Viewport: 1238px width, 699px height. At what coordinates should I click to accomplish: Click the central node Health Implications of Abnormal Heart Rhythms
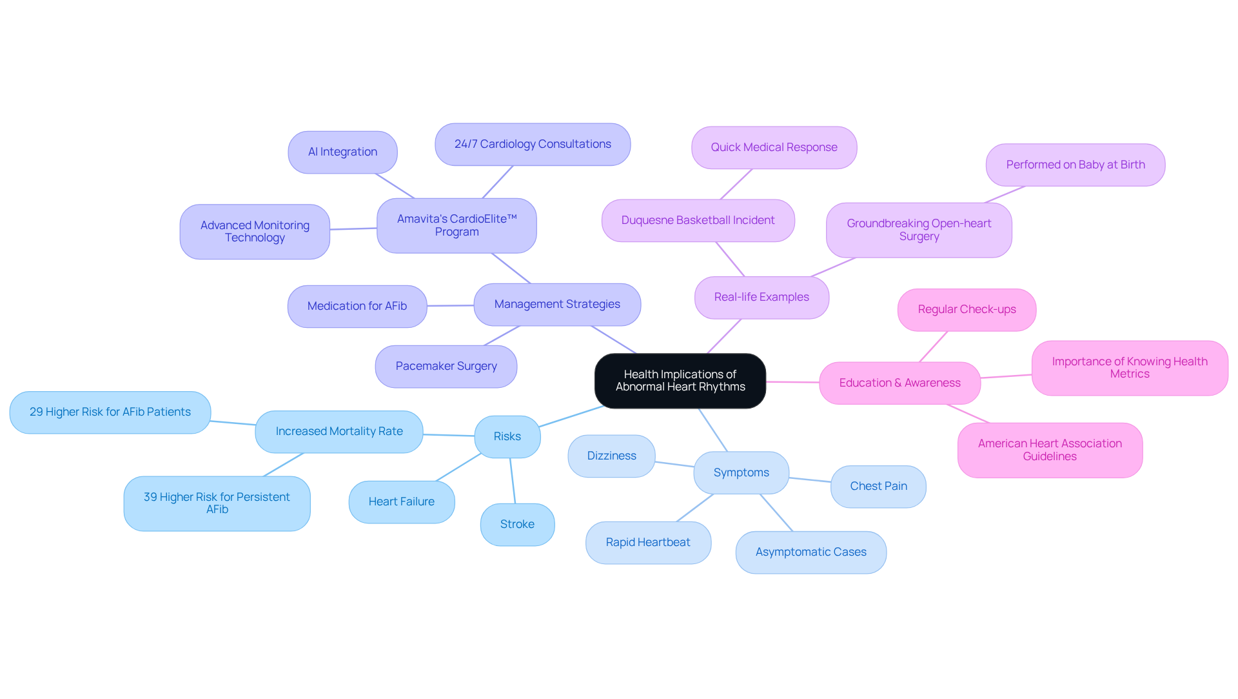(x=680, y=381)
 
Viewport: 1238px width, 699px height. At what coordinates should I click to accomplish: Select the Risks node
(x=507, y=437)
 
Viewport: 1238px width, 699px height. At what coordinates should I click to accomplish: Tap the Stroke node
(x=517, y=525)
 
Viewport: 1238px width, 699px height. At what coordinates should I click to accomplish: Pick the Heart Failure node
(x=401, y=502)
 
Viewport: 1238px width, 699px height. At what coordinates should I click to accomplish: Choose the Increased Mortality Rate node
(x=339, y=432)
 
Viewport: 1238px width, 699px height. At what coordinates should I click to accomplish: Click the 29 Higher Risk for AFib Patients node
(x=110, y=412)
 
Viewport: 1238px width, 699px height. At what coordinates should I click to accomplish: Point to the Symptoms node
(x=741, y=473)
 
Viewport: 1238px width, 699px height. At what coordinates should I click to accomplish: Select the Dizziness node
(x=611, y=456)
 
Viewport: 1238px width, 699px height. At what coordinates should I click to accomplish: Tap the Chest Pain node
(x=878, y=487)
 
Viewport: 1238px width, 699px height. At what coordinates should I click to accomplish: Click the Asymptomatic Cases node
(x=811, y=552)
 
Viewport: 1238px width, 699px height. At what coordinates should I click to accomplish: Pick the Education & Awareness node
(x=899, y=383)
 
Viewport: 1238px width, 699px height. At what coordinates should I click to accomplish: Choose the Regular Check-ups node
(x=967, y=310)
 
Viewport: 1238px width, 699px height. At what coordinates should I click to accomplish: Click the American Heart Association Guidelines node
(x=1050, y=451)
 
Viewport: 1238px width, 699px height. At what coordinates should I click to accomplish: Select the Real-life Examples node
(x=761, y=298)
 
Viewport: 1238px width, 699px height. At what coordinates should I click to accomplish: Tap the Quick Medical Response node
(x=774, y=148)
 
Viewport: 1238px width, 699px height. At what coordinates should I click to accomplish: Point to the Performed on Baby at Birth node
(x=1075, y=165)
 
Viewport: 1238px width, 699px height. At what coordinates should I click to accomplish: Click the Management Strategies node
(x=557, y=305)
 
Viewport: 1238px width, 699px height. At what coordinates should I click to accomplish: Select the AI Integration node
(x=342, y=152)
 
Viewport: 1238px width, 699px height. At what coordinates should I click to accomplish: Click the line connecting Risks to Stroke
(x=513, y=481)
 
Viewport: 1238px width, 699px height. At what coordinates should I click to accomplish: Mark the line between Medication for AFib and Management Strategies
(x=450, y=306)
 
